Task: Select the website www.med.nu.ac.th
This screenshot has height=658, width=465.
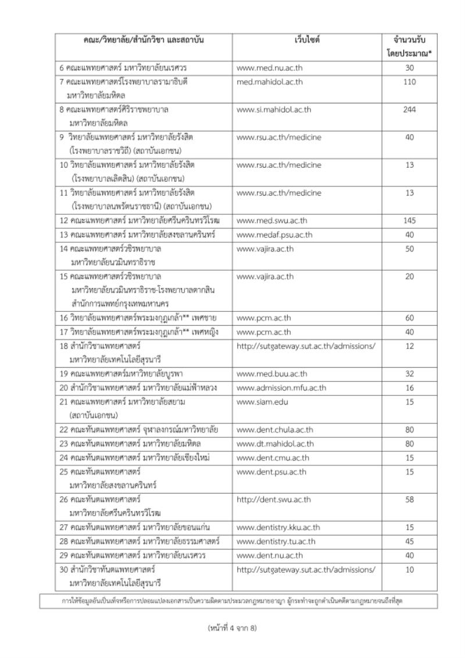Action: click(x=270, y=67)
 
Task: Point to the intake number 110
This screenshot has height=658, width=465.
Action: click(x=409, y=82)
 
